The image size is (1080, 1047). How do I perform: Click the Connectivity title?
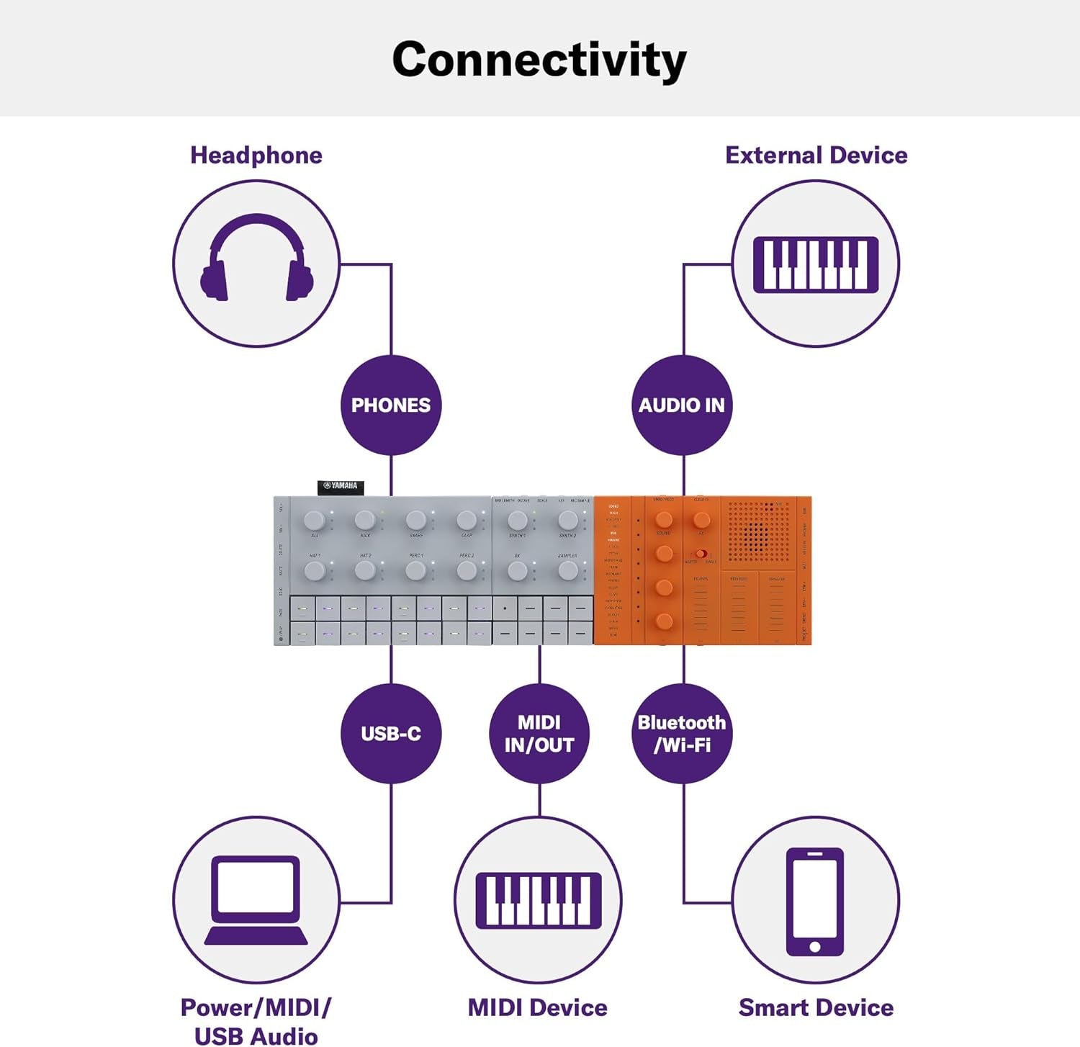pyautogui.click(x=539, y=60)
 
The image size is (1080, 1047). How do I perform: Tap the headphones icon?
pyautogui.click(x=256, y=259)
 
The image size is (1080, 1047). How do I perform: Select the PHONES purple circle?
pyautogui.click(x=390, y=405)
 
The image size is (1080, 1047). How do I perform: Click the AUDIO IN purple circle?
pyautogui.click(x=682, y=405)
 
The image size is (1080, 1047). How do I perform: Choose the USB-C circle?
pyautogui.click(x=390, y=733)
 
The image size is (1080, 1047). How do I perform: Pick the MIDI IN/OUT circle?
pyautogui.click(x=539, y=733)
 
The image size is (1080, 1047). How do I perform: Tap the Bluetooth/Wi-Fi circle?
pyautogui.click(x=682, y=733)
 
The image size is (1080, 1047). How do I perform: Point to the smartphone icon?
pyautogui.click(x=815, y=902)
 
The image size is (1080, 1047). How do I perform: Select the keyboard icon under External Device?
pyautogui.click(x=815, y=264)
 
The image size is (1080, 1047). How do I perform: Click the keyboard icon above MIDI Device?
pyautogui.click(x=539, y=900)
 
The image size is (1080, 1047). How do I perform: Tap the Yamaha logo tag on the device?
pyautogui.click(x=341, y=487)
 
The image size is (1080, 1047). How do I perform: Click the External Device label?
pyautogui.click(x=816, y=156)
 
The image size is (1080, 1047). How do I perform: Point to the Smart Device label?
pyautogui.click(x=816, y=1007)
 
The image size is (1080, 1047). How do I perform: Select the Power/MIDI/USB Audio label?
pyautogui.click(x=256, y=1021)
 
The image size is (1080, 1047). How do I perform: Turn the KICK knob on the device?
pyautogui.click(x=365, y=519)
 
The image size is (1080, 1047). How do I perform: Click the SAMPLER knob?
pyautogui.click(x=567, y=571)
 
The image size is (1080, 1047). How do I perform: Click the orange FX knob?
pyautogui.click(x=701, y=519)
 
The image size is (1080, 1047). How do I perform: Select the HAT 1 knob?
pyautogui.click(x=315, y=571)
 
